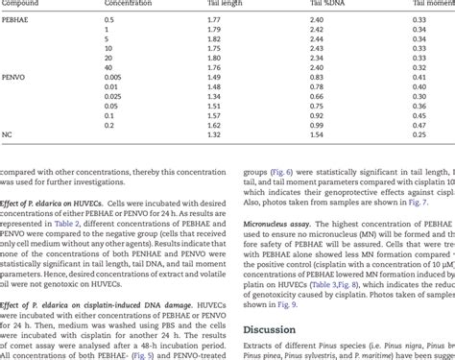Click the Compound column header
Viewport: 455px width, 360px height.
click(24, 5)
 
